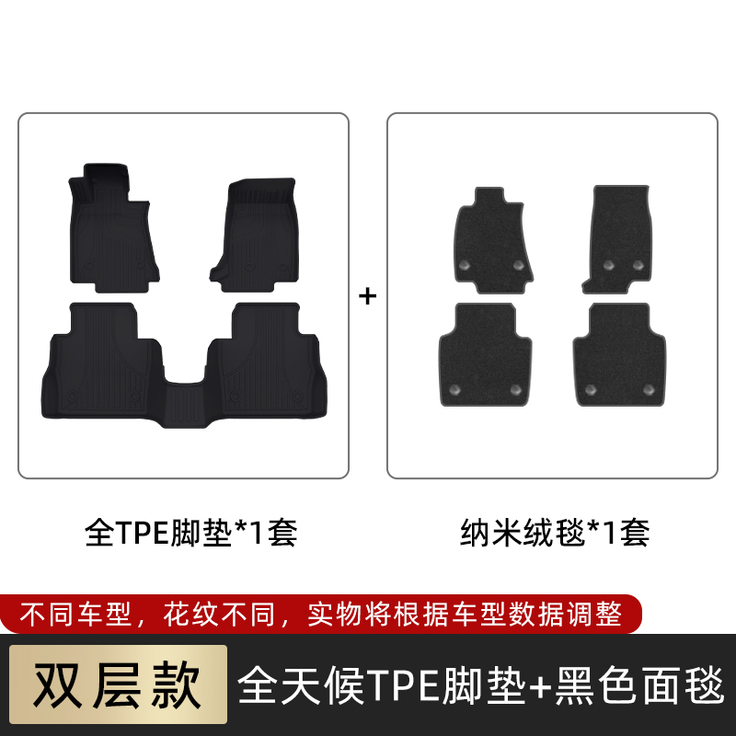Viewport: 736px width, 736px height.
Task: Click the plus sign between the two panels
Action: (x=367, y=296)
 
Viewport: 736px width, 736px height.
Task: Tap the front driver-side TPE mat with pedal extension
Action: (x=112, y=229)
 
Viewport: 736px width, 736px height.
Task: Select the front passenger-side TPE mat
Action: (x=256, y=235)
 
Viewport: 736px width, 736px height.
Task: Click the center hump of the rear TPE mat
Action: (x=185, y=404)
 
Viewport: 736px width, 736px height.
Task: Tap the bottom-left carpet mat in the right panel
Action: (x=485, y=355)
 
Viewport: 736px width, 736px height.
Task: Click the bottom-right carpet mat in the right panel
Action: (x=619, y=355)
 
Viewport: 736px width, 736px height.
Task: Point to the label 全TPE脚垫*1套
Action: (x=191, y=533)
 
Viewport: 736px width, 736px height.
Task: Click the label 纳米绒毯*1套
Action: (x=555, y=533)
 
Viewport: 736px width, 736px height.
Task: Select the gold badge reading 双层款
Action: (x=118, y=684)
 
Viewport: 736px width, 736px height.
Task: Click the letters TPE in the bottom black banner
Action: (x=404, y=685)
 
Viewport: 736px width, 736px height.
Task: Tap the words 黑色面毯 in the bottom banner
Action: (x=639, y=685)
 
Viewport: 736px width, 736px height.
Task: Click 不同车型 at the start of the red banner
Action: (x=75, y=614)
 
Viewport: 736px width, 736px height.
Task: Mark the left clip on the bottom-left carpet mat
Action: (x=454, y=389)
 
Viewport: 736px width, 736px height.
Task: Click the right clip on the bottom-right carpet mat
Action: (x=649, y=389)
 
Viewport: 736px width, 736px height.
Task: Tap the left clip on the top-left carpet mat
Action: (x=465, y=265)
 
